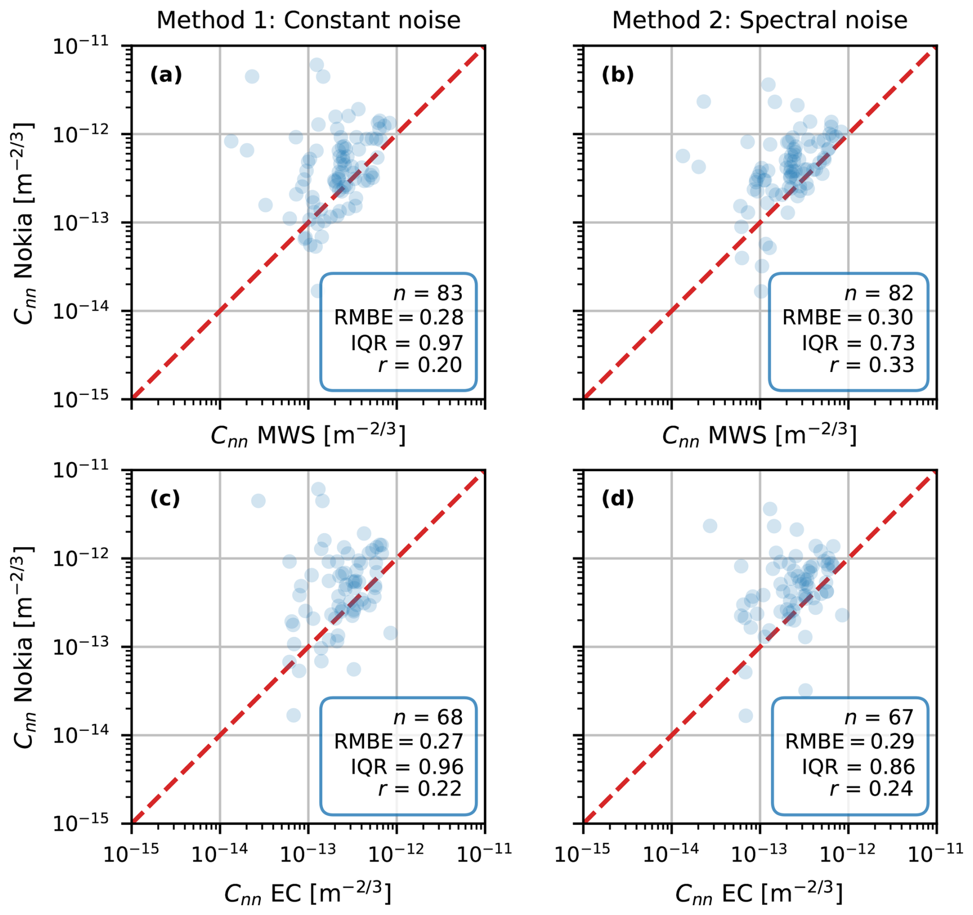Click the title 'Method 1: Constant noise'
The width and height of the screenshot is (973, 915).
coord(308,21)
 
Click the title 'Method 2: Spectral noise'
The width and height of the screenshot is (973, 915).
coord(759,21)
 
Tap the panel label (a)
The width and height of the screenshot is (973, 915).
coord(166,75)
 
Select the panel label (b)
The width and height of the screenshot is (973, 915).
coord(617,75)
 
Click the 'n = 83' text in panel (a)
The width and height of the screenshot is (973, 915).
coord(428,293)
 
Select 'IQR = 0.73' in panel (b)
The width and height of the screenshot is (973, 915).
coord(858,343)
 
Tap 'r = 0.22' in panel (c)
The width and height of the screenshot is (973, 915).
coord(420,788)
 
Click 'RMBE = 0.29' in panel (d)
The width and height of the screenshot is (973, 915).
coord(850,741)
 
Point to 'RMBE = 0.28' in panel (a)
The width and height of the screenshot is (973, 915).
coord(399,317)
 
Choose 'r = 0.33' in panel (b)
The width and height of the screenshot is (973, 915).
coord(872,365)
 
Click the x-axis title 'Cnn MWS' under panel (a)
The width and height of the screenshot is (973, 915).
coord(308,435)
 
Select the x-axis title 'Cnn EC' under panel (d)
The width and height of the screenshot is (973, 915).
coord(759,893)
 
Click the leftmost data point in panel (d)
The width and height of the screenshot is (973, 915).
coord(710,526)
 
